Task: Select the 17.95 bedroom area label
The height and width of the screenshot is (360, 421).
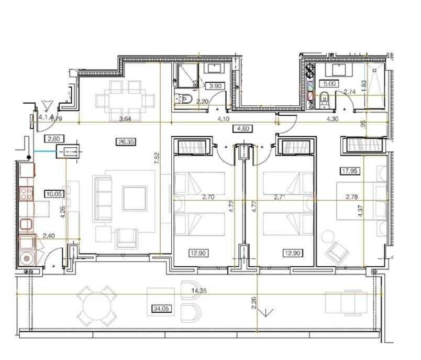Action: [350, 169]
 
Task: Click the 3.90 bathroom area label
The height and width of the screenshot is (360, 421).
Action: [215, 85]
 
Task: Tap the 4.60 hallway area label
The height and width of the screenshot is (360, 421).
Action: [240, 128]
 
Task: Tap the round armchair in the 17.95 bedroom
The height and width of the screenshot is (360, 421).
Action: [337, 253]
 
